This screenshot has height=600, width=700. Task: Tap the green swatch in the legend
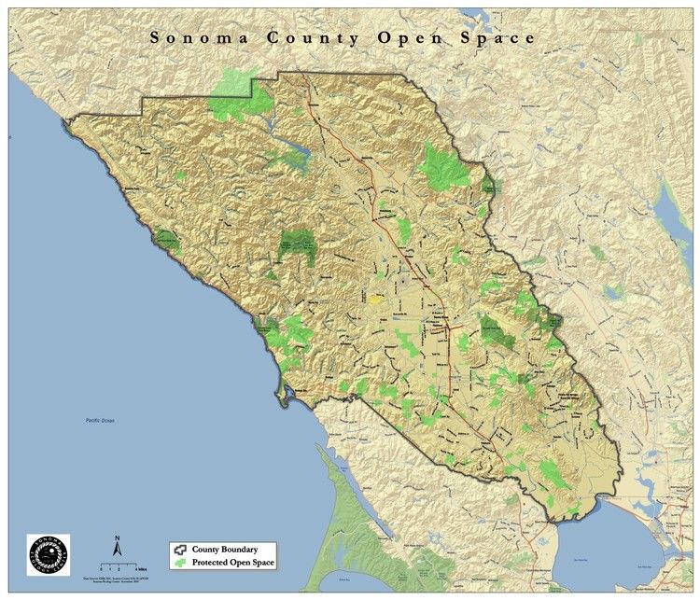tap(180, 565)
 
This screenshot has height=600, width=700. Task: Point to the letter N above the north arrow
tap(118, 538)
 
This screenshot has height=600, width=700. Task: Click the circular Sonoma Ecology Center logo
tap(48, 556)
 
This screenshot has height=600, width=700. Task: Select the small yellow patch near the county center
tap(375, 300)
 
